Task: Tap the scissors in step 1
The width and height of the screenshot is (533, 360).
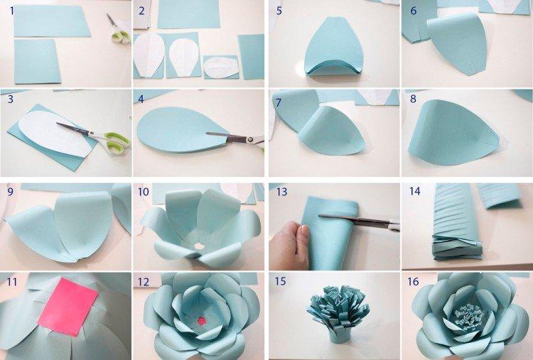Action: point(118,30)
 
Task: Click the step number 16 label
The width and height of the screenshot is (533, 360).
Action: point(413,282)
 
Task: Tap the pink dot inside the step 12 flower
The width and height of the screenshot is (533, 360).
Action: point(201,320)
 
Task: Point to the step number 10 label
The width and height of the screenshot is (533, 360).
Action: point(144,192)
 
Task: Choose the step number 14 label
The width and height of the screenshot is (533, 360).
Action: point(414,192)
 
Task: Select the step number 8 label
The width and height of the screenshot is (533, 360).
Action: point(413,100)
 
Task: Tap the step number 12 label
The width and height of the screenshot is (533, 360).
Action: point(144,282)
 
